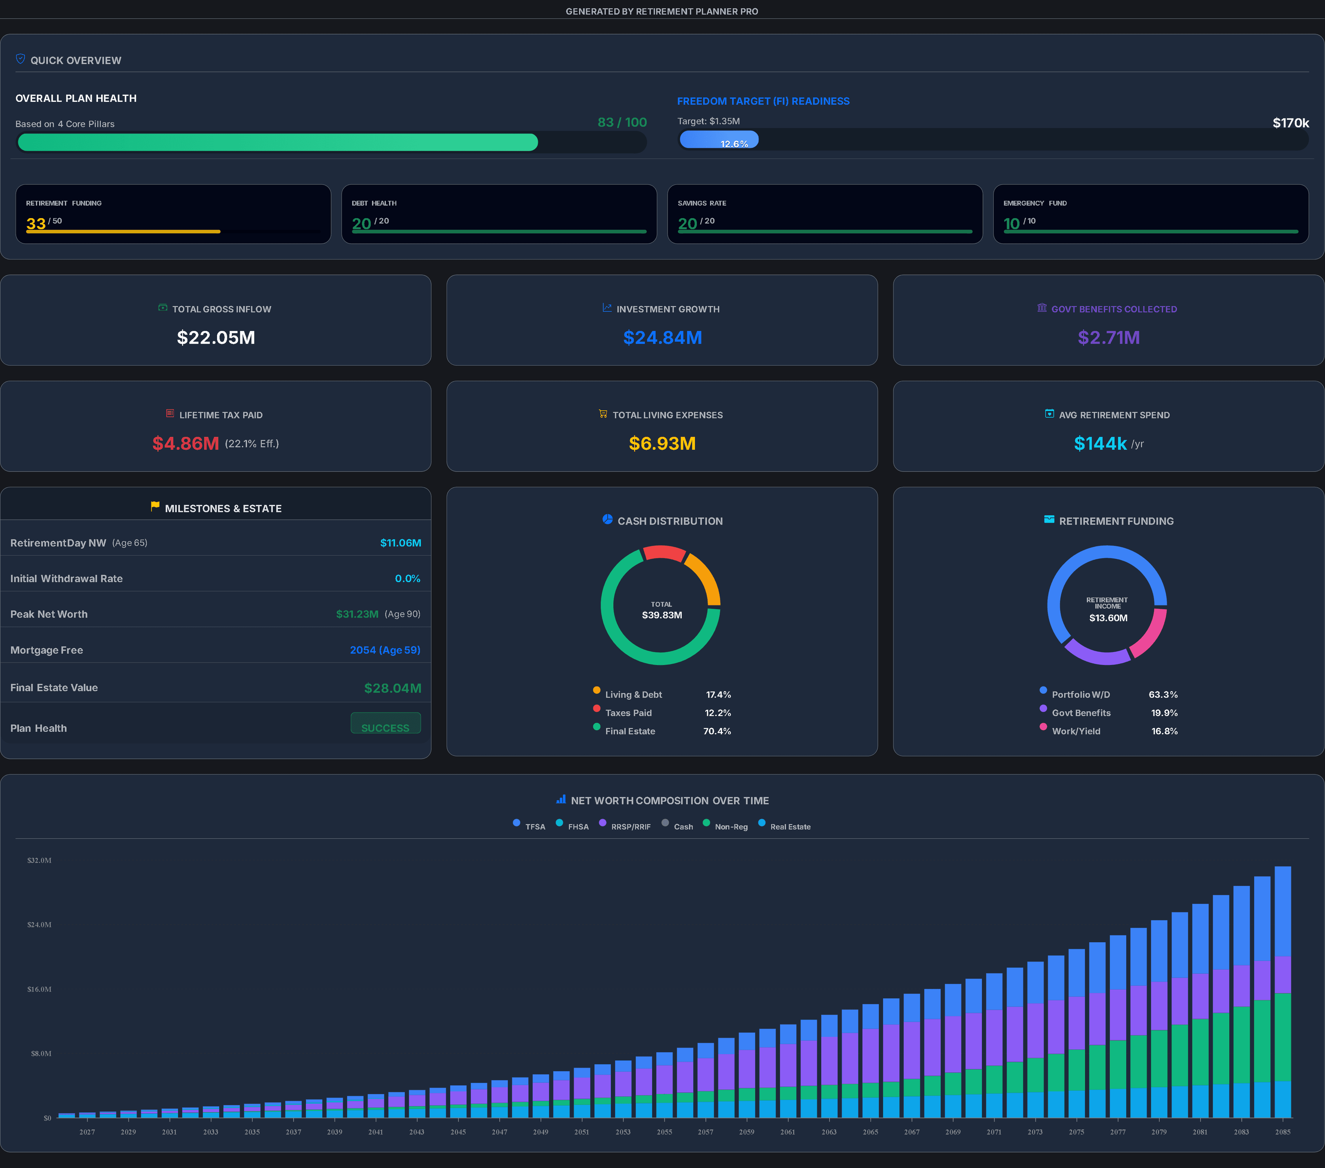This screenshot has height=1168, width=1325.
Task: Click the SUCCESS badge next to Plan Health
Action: [x=386, y=723]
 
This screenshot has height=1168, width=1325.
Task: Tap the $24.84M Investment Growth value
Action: [x=662, y=337]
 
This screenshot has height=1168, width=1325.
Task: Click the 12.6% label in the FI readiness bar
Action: [x=735, y=143]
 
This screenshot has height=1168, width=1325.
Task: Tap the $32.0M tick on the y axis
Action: [x=40, y=860]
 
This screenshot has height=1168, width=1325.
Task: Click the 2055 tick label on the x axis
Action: [x=665, y=1132]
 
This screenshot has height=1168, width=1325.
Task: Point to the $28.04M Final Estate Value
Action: [x=393, y=688]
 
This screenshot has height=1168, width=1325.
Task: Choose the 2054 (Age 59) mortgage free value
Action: [x=385, y=650]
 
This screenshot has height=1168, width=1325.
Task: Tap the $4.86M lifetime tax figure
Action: [x=185, y=444]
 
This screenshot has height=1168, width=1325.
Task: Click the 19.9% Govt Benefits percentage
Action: [x=1164, y=713]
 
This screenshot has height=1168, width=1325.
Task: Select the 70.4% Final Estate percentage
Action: [x=717, y=731]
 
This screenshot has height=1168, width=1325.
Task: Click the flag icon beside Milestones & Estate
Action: [x=155, y=506]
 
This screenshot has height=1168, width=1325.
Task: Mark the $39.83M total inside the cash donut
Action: [x=662, y=615]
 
